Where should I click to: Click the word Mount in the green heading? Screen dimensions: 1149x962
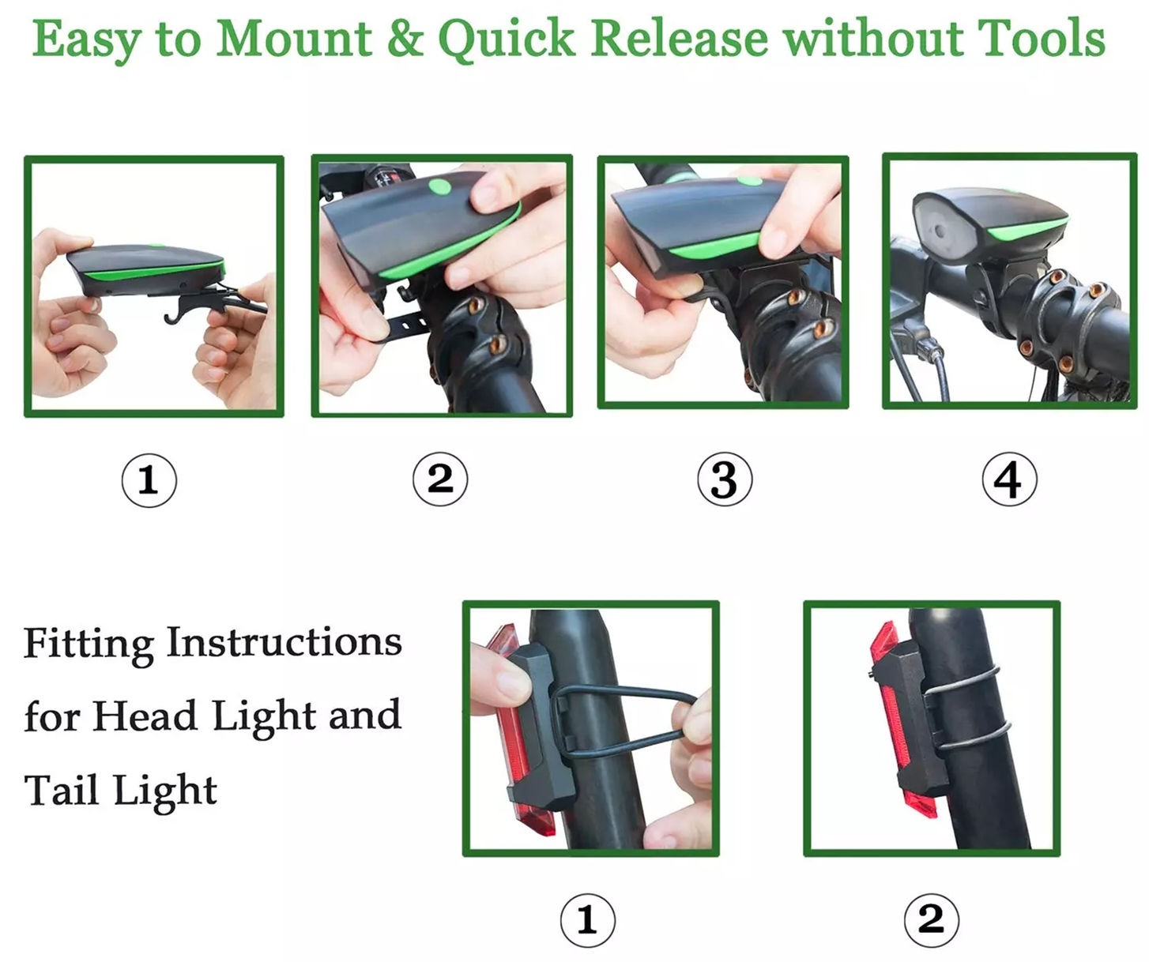[294, 39]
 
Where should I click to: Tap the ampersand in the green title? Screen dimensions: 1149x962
[405, 39]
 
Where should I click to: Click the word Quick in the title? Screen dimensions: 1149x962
[507, 40]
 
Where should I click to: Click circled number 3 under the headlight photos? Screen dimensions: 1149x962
[724, 479]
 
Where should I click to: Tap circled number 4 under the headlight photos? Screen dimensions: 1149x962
[1009, 479]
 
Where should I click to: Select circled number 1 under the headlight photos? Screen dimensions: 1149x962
[149, 479]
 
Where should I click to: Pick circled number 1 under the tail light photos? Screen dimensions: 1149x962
[588, 920]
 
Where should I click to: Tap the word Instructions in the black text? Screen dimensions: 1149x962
[284, 641]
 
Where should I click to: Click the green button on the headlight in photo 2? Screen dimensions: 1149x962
[439, 187]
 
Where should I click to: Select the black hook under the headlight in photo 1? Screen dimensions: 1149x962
[192, 307]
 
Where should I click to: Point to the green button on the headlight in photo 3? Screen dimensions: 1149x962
[749, 180]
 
